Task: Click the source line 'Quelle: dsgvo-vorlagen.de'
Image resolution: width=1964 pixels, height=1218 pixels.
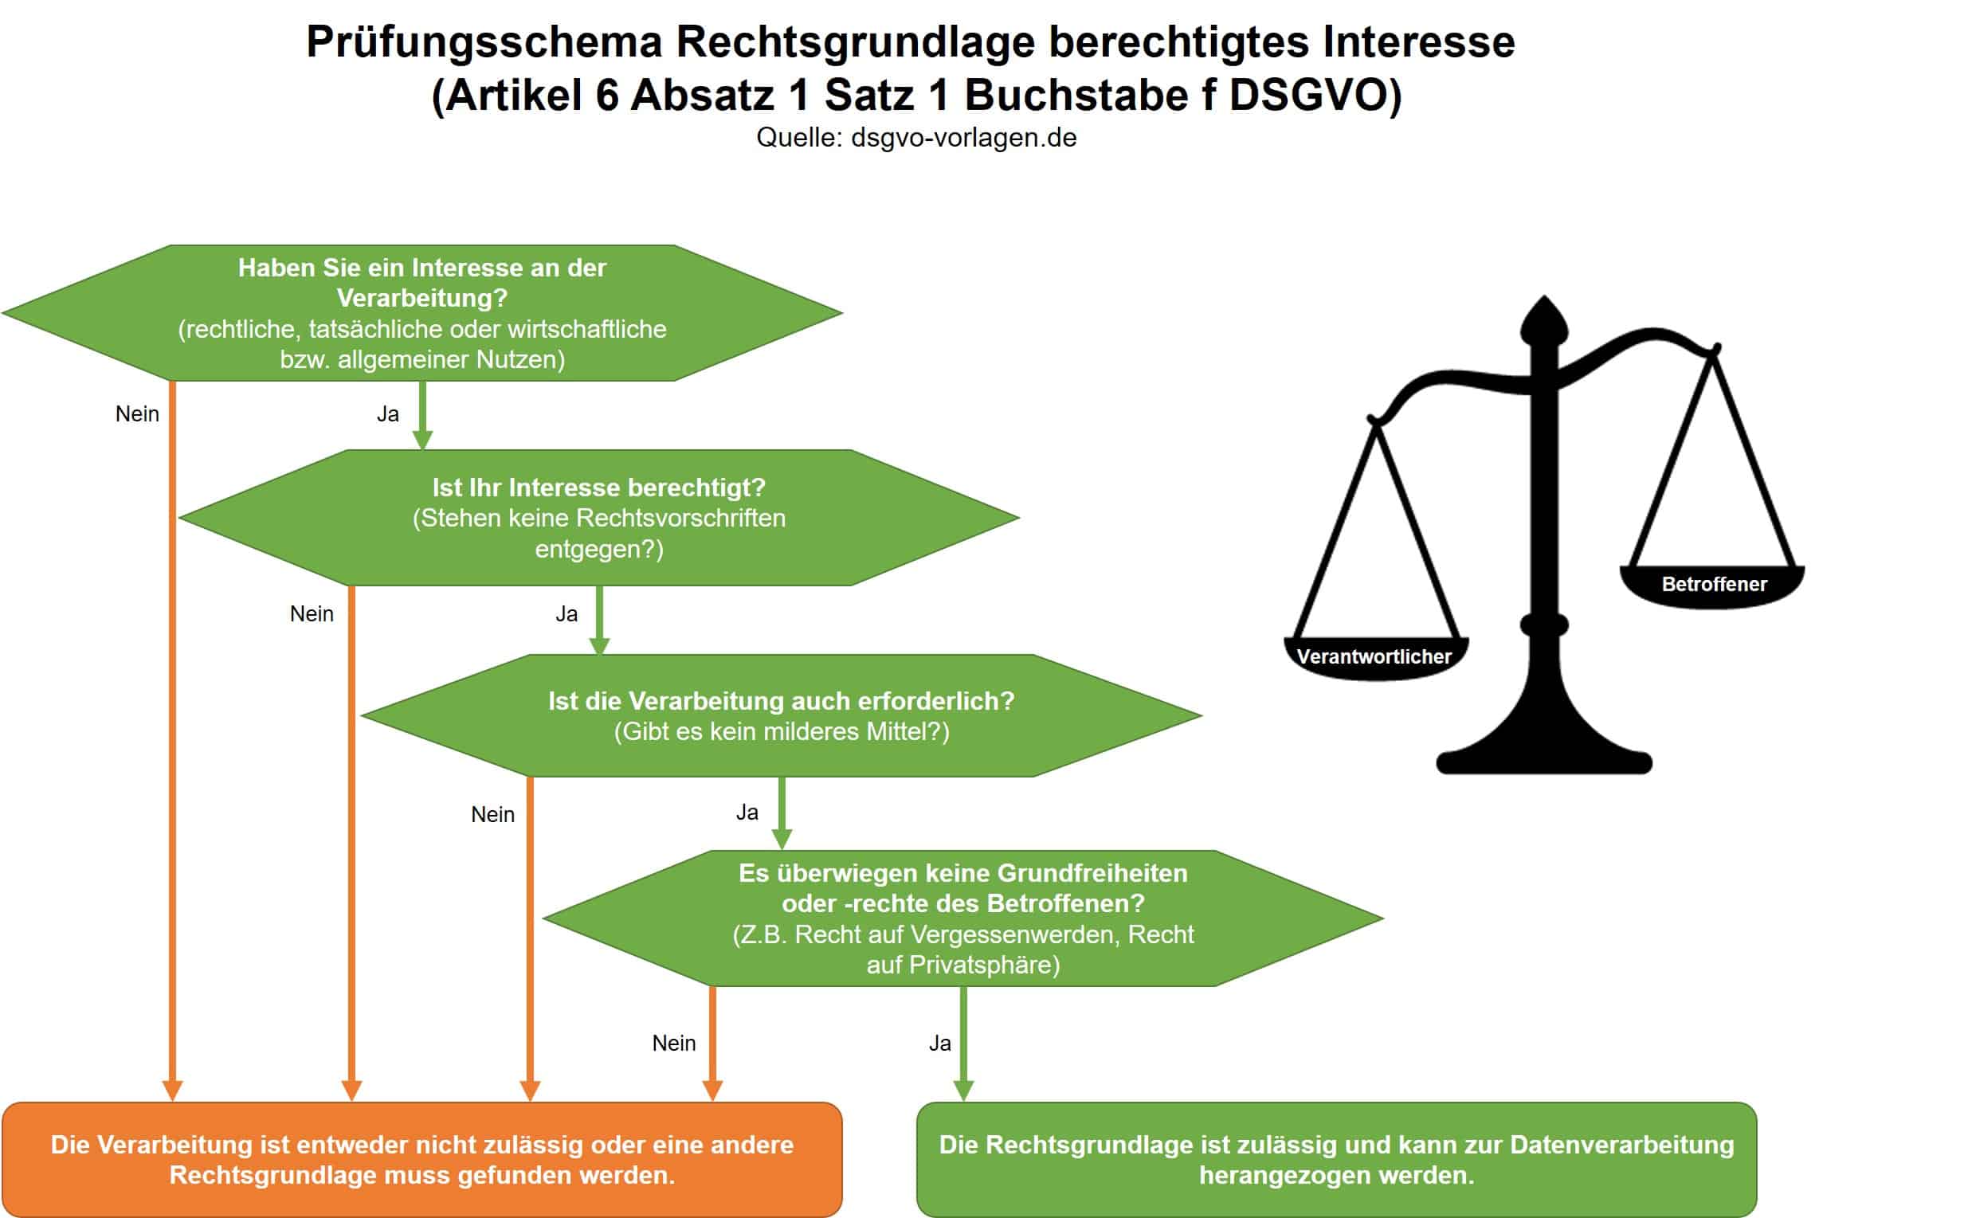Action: click(x=915, y=138)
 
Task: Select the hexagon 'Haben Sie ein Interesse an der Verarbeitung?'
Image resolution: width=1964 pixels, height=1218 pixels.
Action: click(x=421, y=312)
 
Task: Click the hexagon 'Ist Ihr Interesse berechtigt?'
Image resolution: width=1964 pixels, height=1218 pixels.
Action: click(x=598, y=517)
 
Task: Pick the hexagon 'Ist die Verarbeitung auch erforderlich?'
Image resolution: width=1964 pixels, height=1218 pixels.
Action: click(x=781, y=715)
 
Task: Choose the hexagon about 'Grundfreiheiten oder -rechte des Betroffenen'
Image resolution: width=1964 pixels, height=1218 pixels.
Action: click(x=962, y=918)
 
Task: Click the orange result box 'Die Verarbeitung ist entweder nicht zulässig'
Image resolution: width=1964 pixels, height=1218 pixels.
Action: click(x=421, y=1159)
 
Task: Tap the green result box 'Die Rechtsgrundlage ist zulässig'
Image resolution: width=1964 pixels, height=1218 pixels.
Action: click(x=1335, y=1159)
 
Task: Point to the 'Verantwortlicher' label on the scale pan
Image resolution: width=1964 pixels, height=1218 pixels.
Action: click(x=1374, y=656)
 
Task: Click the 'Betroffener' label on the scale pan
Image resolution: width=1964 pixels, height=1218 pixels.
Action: click(x=1714, y=584)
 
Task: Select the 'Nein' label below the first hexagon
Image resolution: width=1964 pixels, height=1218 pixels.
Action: click(x=137, y=414)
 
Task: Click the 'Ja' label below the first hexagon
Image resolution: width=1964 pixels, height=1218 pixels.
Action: click(x=387, y=414)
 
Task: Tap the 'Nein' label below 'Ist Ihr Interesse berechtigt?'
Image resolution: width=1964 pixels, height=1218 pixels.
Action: click(x=311, y=614)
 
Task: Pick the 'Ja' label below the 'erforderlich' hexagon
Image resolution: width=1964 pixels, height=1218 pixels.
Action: click(x=747, y=812)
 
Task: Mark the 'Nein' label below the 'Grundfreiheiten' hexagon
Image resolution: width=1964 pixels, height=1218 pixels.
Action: click(x=673, y=1044)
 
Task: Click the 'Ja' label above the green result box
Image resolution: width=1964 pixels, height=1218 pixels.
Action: click(x=939, y=1044)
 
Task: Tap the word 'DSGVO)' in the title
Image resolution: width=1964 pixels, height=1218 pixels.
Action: click(x=1315, y=95)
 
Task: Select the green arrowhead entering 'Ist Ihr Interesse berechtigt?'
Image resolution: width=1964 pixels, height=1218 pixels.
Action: click(x=422, y=440)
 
